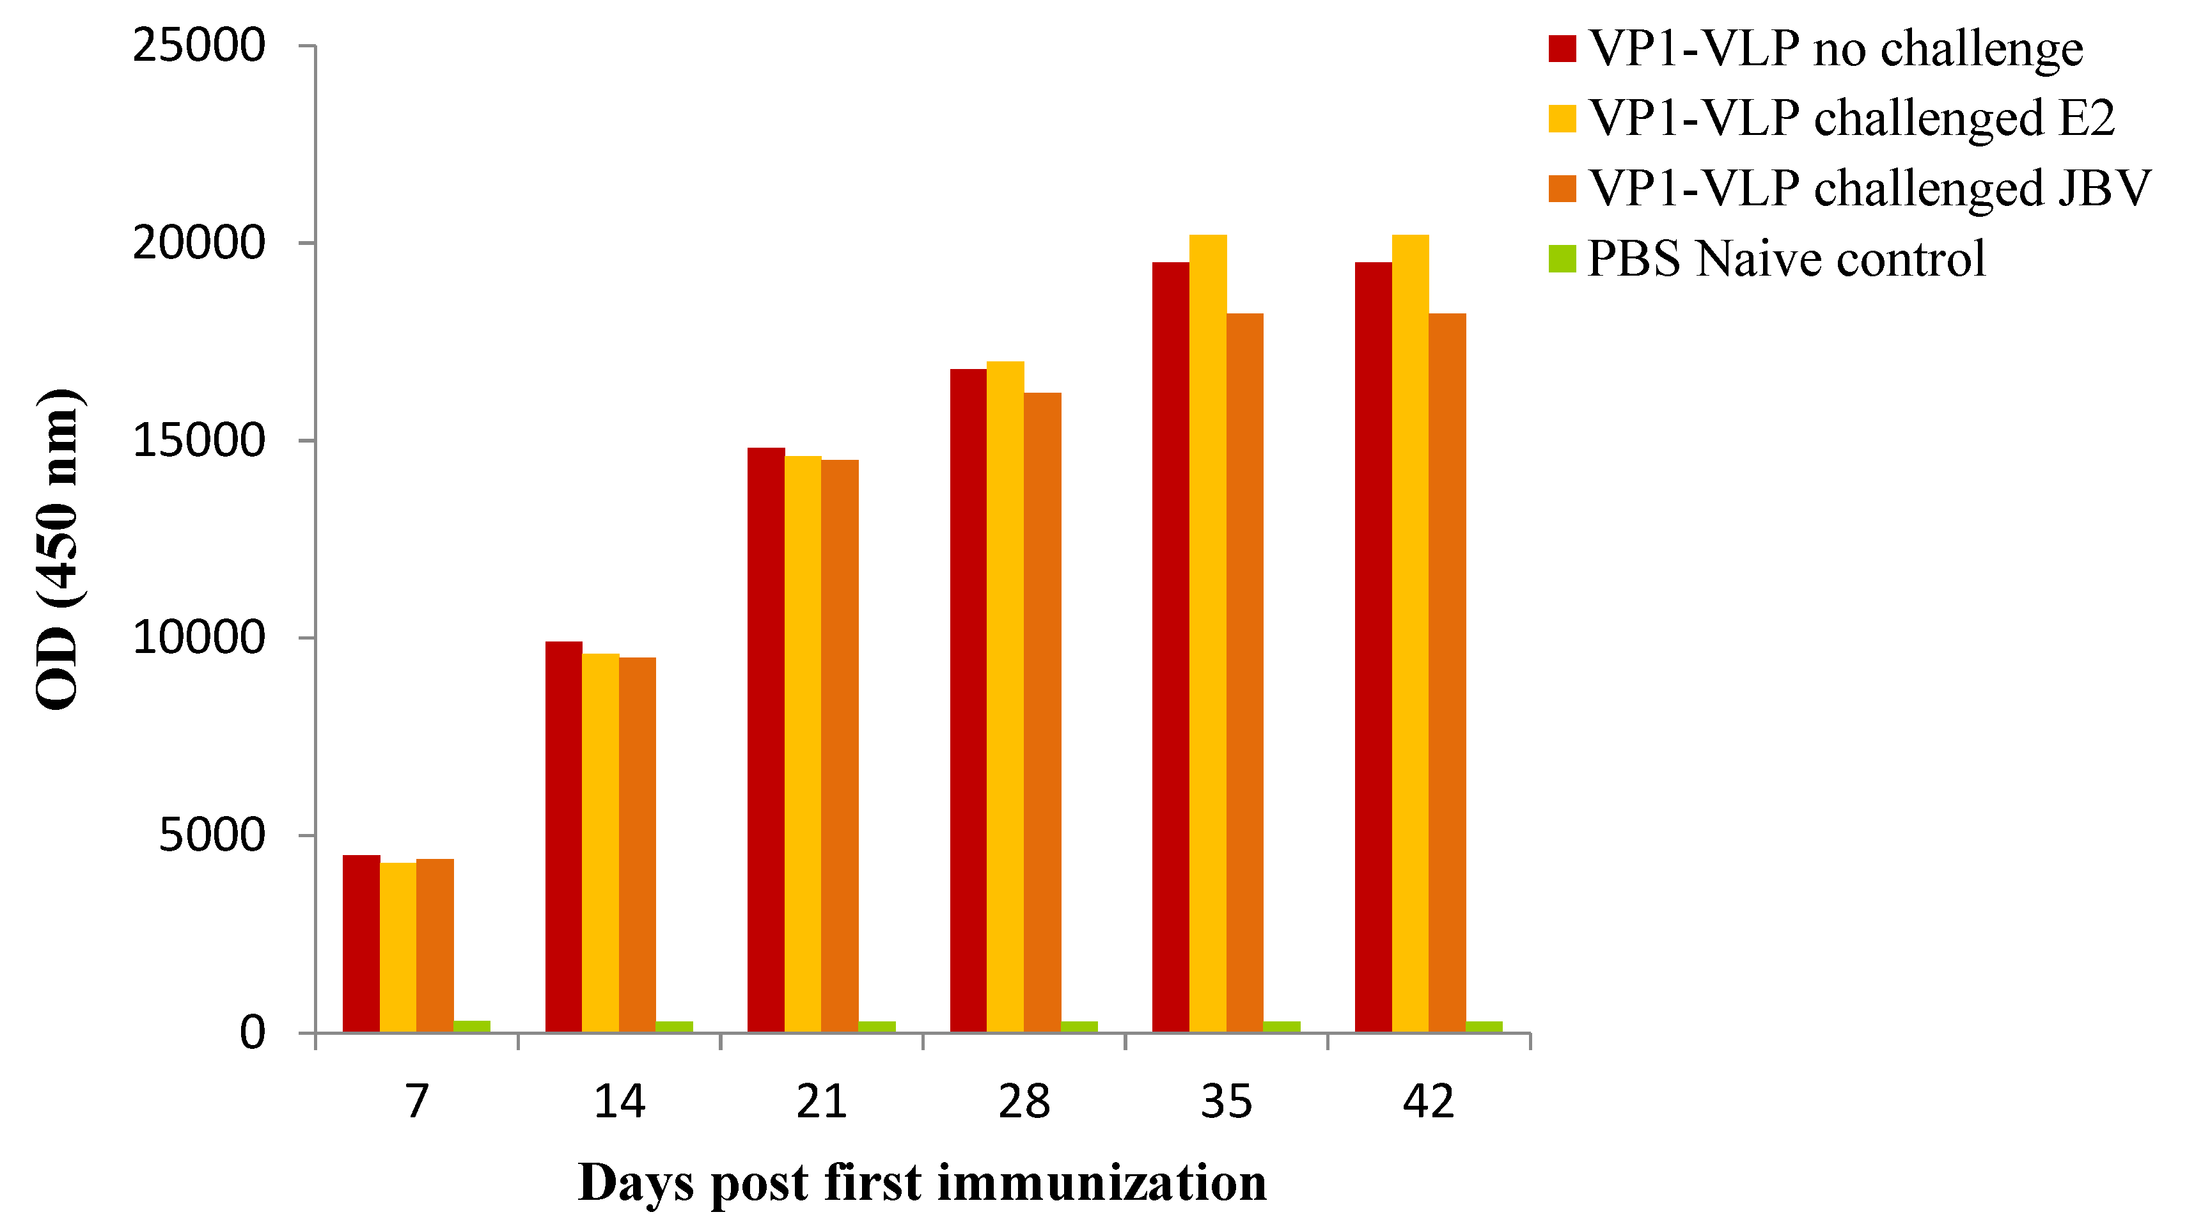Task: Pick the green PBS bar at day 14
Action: tap(674, 1026)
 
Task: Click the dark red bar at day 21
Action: tap(766, 739)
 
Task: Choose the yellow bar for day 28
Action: tap(1005, 696)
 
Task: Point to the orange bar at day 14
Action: tap(637, 845)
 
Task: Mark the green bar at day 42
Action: tap(1484, 1026)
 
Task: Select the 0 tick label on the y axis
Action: tap(252, 1033)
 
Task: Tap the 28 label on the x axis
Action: tap(1024, 1102)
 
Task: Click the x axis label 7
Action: tap(416, 1102)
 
